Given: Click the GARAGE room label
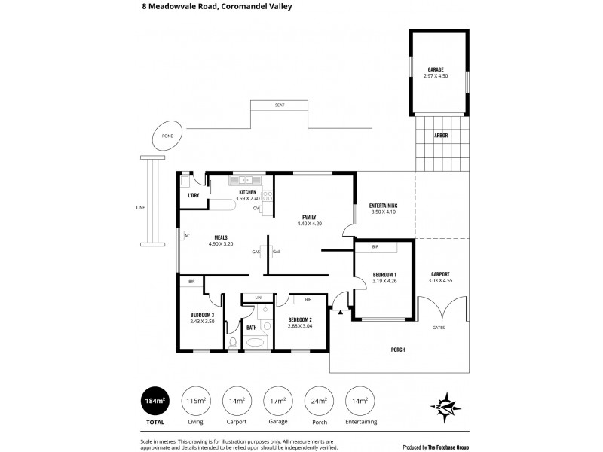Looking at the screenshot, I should tap(436, 69).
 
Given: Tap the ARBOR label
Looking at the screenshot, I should tap(441, 136).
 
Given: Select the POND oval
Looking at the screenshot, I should tap(167, 136).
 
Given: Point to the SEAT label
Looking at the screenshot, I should tap(280, 105).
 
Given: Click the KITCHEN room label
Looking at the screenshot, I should tap(248, 193).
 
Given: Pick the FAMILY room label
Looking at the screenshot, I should tap(310, 218).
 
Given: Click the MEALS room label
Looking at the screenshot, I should tap(200, 237).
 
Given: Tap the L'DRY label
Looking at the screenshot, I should tap(193, 196).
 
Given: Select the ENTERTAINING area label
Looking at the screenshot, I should tap(383, 206).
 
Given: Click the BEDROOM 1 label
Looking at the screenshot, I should tap(384, 274).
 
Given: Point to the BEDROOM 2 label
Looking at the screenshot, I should tap(300, 319).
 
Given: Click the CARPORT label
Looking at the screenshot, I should tap(440, 274).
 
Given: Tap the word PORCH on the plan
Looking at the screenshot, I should tap(398, 350).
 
